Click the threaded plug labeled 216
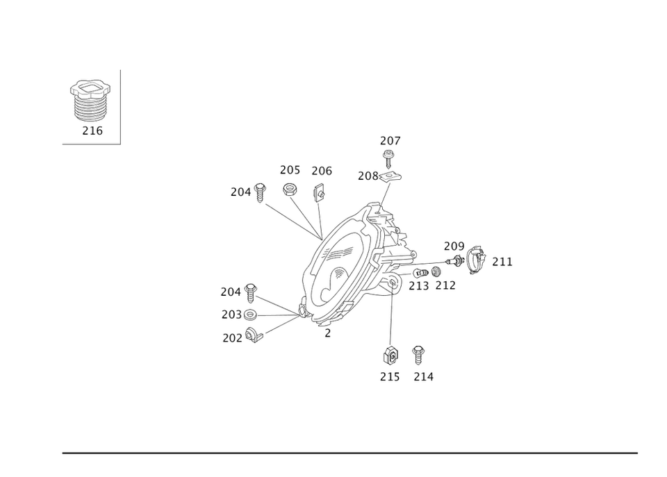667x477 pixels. click(90, 101)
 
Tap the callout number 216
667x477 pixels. click(92, 131)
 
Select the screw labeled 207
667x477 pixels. click(388, 158)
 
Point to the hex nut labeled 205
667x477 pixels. click(289, 189)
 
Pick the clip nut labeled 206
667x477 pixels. click(319, 193)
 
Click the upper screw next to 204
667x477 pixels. click(260, 192)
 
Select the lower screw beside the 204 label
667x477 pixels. click(251, 293)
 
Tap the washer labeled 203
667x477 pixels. click(250, 315)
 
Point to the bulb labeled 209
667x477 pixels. click(454, 260)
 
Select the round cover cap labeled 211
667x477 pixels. click(477, 260)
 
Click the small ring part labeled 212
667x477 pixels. click(435, 271)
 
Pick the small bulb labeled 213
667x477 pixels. click(420, 273)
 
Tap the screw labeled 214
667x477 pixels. click(418, 355)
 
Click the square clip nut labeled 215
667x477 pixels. click(390, 355)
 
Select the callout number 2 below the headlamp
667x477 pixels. click(327, 333)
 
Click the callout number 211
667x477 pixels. click(502, 262)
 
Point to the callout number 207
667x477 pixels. click(390, 141)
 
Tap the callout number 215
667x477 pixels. click(390, 377)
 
